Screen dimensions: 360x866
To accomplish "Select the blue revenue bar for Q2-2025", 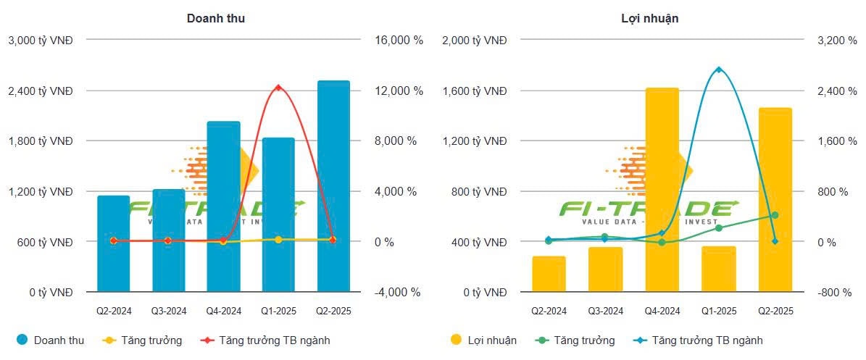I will point(333,188).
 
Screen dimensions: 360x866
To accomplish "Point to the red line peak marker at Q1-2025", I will point(278,88).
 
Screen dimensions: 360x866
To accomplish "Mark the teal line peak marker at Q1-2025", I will point(718,70).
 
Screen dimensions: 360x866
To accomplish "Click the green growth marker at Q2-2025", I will point(775,215).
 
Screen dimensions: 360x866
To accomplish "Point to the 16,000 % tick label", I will point(399,41).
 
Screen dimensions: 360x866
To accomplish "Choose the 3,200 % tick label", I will point(841,41).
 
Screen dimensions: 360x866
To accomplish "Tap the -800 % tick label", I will point(841,293).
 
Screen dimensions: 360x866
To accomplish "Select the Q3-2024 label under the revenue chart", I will point(168,311).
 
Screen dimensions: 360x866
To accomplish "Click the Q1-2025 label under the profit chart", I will point(718,311).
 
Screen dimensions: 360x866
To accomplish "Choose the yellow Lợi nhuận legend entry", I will point(483,340).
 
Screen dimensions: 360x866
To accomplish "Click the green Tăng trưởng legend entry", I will point(575,340).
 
